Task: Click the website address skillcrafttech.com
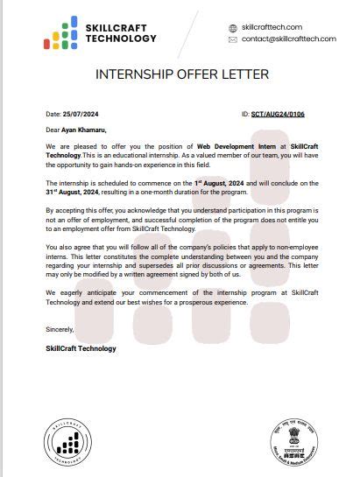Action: [x=272, y=27]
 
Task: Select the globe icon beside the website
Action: [x=232, y=28]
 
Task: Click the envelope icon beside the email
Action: [x=232, y=39]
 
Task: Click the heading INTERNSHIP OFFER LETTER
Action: [x=181, y=74]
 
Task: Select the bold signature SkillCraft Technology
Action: [x=81, y=348]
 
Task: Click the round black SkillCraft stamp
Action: [x=67, y=441]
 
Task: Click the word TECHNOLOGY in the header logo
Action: [x=123, y=39]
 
